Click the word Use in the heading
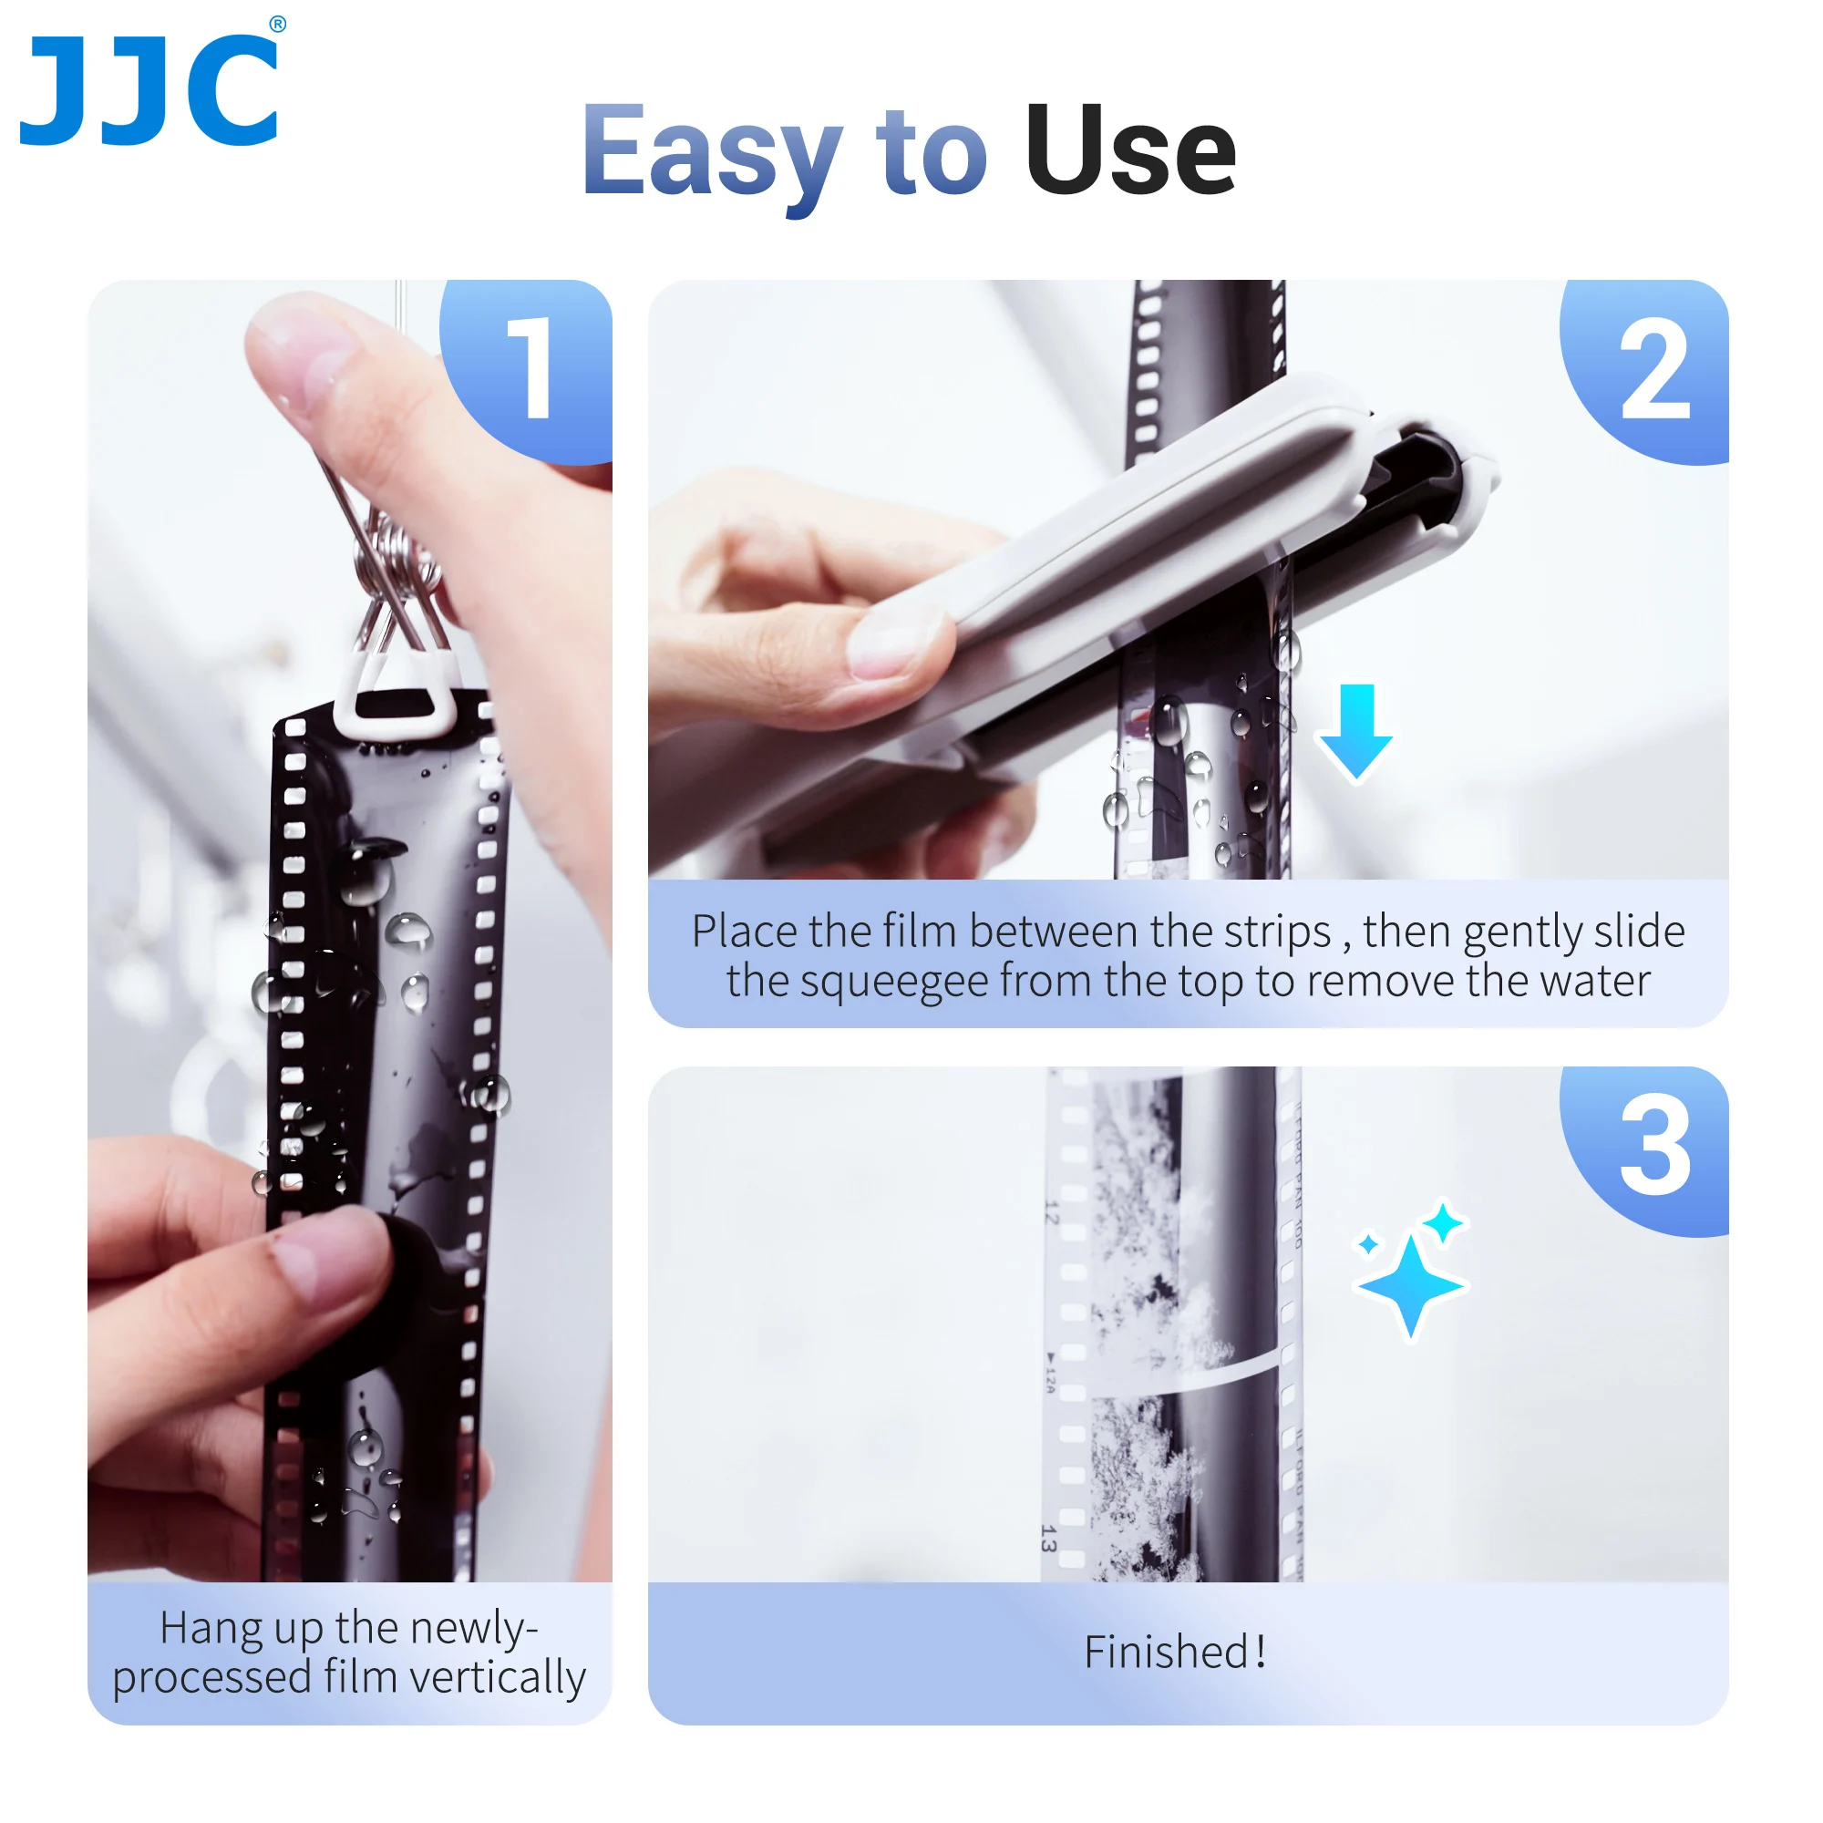pos(1129,151)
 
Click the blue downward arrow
pos(1356,731)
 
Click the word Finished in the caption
pos(1167,1653)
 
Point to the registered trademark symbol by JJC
pos(277,25)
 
